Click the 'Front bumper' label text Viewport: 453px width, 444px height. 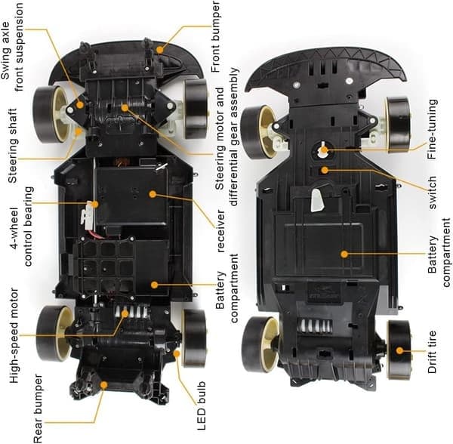click(216, 37)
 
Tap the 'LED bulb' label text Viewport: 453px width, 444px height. click(202, 406)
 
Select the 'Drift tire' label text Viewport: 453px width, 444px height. click(432, 352)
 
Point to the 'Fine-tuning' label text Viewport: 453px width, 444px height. click(432, 129)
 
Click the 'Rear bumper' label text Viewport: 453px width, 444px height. click(38, 409)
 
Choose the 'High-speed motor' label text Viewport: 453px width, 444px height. click(14, 336)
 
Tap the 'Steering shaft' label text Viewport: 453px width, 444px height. click(12, 146)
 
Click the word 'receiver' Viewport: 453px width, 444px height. click(220, 231)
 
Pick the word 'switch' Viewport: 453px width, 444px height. click(432, 193)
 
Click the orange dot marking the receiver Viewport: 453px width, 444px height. click(153, 194)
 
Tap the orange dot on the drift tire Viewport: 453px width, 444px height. click(399, 350)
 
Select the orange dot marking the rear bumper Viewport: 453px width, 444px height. click(103, 385)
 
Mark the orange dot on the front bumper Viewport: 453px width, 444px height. click(160, 50)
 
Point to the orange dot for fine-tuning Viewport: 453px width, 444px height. click(324, 150)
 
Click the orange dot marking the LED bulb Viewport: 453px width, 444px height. click(177, 353)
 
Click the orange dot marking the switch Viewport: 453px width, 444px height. click(325, 170)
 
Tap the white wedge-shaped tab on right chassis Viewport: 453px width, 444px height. click(318, 200)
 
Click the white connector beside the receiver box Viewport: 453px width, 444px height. click(87, 214)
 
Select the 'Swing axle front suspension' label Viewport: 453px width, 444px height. click(11, 48)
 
